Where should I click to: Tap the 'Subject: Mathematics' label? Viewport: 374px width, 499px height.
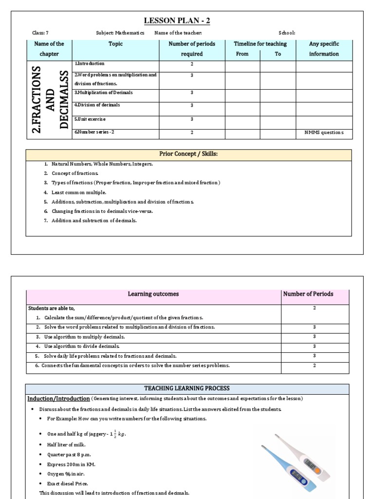pos(120,33)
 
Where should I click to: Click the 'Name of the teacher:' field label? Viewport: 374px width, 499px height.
pos(178,33)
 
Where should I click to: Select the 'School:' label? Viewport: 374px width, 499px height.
pos(287,33)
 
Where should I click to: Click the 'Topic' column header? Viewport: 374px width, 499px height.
pos(116,44)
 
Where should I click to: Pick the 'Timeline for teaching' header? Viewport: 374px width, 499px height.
pos(260,44)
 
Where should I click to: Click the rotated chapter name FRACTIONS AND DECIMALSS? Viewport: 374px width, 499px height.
pos(49,100)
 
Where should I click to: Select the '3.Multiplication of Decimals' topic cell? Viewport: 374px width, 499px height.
pos(103,93)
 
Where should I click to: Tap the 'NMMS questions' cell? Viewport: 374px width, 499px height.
pos(324,133)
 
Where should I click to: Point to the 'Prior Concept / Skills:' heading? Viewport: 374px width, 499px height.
pos(188,154)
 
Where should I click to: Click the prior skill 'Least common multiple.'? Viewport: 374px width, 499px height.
pos(78,192)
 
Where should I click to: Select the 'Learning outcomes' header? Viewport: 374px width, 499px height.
pos(153,294)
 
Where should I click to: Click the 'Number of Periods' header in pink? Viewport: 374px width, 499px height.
pos(314,294)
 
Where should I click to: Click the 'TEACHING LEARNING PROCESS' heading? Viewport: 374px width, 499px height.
pos(187,388)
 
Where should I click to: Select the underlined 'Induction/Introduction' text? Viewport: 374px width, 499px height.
pos(58,399)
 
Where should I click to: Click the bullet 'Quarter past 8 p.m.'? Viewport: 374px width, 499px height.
pos(69,455)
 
